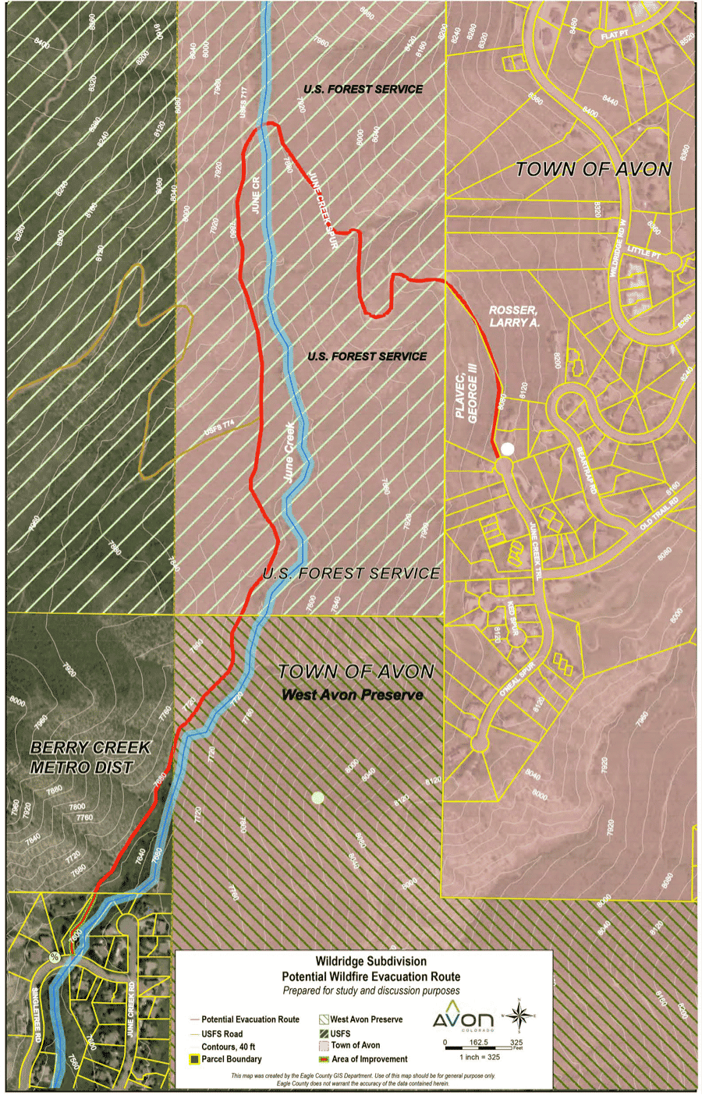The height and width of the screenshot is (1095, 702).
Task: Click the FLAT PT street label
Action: [x=613, y=36]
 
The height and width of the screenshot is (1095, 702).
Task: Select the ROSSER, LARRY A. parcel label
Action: [x=513, y=316]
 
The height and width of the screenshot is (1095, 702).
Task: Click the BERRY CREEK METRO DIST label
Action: [x=89, y=757]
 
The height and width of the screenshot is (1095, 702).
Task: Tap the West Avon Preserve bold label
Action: [x=353, y=695]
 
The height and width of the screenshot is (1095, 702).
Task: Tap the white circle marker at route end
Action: [x=508, y=448]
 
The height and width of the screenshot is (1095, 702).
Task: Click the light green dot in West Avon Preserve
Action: [x=317, y=797]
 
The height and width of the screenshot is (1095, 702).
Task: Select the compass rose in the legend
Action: [x=523, y=1015]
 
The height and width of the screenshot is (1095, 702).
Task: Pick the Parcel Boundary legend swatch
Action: [x=194, y=1059]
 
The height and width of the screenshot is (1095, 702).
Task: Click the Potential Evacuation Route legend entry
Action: [x=250, y=1019]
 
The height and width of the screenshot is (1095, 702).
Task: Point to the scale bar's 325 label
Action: [x=516, y=1043]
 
